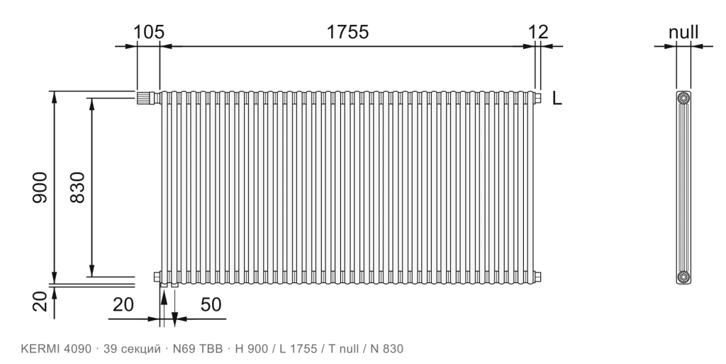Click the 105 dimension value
149,32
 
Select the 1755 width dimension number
347,32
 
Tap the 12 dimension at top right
538,32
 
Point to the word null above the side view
683,33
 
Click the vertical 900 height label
40,187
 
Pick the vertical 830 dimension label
78,187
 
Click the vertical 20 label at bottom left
40,302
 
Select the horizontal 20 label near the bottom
123,304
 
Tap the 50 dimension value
211,304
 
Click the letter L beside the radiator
557,98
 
